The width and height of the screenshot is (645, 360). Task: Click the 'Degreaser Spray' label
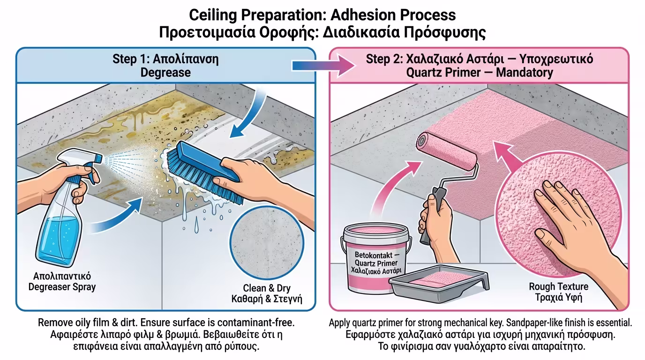click(62, 287)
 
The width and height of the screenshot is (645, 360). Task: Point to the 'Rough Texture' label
click(558, 286)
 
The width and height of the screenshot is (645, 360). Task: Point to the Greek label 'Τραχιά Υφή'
click(558, 298)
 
